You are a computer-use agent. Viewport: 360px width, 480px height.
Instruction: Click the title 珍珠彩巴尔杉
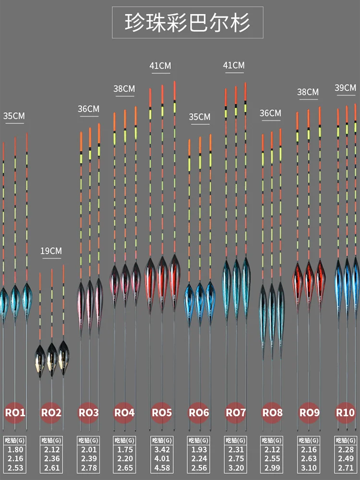click(x=188, y=22)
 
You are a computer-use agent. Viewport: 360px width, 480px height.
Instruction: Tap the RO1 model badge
click(x=15, y=412)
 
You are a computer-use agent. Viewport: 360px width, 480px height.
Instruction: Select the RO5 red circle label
click(x=162, y=412)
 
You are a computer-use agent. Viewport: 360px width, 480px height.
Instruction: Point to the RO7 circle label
click(x=236, y=412)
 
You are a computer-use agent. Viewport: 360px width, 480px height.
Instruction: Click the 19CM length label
click(x=51, y=251)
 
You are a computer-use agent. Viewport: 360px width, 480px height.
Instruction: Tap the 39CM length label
click(x=346, y=88)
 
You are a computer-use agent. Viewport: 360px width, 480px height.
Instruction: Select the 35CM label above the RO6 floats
click(x=199, y=117)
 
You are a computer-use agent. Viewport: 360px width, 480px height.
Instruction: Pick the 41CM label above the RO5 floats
click(x=160, y=66)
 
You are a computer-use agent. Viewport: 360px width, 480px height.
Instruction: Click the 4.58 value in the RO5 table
click(x=161, y=468)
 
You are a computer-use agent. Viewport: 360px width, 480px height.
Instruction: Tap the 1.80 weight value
click(x=15, y=450)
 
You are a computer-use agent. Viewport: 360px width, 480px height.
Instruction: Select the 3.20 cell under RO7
click(x=235, y=468)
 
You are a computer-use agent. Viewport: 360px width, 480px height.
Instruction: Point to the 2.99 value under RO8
click(x=272, y=468)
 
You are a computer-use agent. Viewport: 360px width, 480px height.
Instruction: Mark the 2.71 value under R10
click(x=345, y=468)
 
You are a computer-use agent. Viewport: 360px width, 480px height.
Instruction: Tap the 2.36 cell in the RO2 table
click(x=51, y=459)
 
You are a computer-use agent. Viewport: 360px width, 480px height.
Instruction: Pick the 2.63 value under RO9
click(x=309, y=459)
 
